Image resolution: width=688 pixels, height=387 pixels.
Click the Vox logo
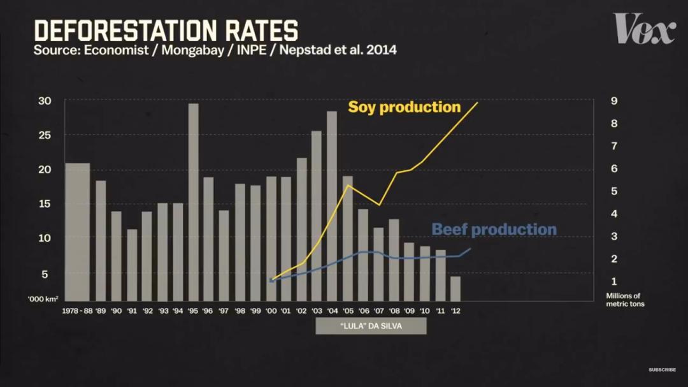click(x=644, y=29)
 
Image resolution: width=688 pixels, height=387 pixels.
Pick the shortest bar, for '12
click(x=455, y=288)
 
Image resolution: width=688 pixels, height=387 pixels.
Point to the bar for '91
click(x=132, y=265)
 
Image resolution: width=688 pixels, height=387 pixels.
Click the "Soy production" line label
click(x=404, y=107)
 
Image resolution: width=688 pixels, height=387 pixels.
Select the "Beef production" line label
click(x=494, y=230)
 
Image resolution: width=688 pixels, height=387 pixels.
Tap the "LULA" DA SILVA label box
click(x=371, y=326)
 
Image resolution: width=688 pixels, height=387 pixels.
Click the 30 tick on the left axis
click(x=45, y=101)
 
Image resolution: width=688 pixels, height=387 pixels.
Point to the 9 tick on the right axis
click(x=613, y=101)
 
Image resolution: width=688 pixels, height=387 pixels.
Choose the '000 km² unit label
click(x=43, y=299)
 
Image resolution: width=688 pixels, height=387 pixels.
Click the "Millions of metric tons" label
click(x=624, y=300)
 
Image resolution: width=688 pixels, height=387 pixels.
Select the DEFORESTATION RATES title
click(x=166, y=30)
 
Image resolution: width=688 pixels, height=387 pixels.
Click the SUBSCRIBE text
click(x=662, y=370)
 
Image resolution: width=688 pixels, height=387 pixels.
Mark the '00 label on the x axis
click(x=271, y=311)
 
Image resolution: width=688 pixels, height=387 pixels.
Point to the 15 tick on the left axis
click(x=45, y=203)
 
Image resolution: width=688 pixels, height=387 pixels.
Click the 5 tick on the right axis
click(x=613, y=191)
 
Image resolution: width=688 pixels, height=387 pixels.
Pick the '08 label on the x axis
click(x=394, y=311)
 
